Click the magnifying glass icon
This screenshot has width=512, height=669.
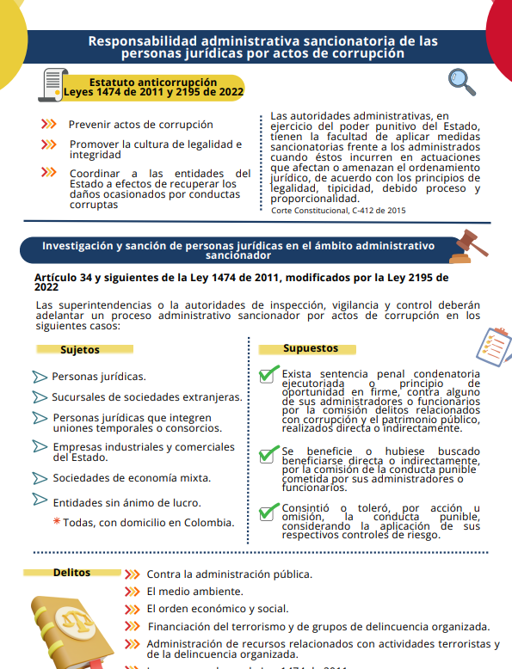tap(463, 82)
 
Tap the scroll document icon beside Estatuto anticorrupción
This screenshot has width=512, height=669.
tap(52, 83)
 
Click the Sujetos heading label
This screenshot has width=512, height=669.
tap(80, 350)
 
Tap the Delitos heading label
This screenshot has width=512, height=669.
tap(71, 572)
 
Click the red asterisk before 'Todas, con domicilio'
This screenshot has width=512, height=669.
tap(57, 522)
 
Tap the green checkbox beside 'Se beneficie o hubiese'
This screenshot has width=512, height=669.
tap(268, 453)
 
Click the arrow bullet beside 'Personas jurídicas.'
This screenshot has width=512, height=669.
tap(40, 377)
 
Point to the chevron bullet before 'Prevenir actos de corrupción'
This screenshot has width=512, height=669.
tap(48, 124)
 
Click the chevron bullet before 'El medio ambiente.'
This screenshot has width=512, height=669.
tap(132, 592)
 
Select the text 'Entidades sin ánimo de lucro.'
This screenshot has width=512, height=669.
tap(126, 503)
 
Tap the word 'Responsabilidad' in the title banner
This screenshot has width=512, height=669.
tap(144, 40)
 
